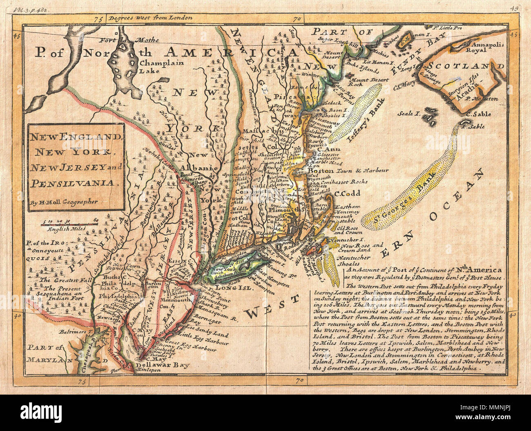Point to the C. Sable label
[x=480, y=114]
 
